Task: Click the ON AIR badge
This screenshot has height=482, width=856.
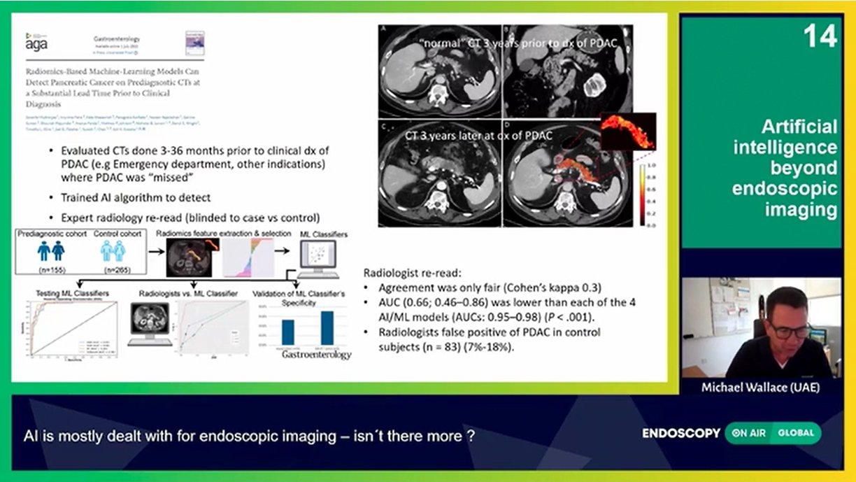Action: click(x=748, y=433)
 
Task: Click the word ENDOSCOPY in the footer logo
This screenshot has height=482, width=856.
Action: click(x=680, y=433)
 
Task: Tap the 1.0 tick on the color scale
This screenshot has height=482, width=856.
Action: click(x=650, y=166)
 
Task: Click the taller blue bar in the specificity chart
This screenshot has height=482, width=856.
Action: click(x=327, y=327)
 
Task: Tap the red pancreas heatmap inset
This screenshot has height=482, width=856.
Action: click(x=628, y=132)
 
